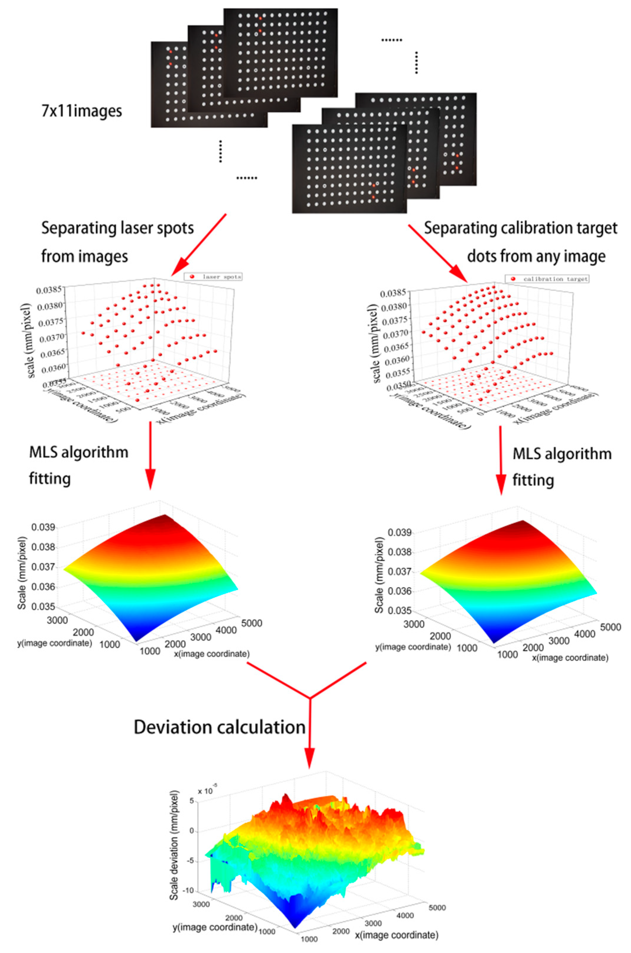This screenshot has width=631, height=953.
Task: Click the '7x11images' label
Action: (x=82, y=111)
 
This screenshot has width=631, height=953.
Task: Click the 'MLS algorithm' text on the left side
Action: (x=79, y=452)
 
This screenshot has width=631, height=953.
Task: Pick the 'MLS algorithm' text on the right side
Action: (x=562, y=454)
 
